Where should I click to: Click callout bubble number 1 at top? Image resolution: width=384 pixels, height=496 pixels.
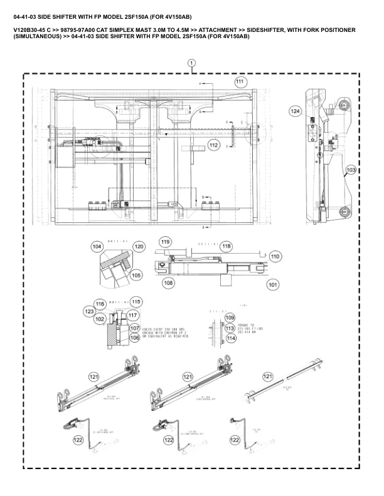(192, 63)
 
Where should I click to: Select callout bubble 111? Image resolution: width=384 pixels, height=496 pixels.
(240, 82)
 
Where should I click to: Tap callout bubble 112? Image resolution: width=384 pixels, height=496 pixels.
(214, 145)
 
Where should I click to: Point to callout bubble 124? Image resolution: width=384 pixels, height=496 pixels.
(295, 110)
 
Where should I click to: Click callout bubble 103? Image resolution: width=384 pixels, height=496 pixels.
(351, 170)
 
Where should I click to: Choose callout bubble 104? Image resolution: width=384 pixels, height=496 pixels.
(97, 247)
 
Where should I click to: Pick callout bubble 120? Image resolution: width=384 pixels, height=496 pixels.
(139, 247)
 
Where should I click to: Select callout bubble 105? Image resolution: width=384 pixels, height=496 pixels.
(136, 274)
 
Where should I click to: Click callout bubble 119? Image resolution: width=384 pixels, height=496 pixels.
(166, 242)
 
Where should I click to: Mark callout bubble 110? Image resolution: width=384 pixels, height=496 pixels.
(275, 257)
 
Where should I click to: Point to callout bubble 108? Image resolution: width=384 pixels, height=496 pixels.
(168, 283)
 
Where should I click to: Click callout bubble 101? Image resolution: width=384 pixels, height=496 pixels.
(272, 284)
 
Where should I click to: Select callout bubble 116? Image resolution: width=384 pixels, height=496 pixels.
(100, 303)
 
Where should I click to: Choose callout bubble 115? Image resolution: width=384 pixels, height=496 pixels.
(136, 300)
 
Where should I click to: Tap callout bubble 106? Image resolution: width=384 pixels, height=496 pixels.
(134, 338)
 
